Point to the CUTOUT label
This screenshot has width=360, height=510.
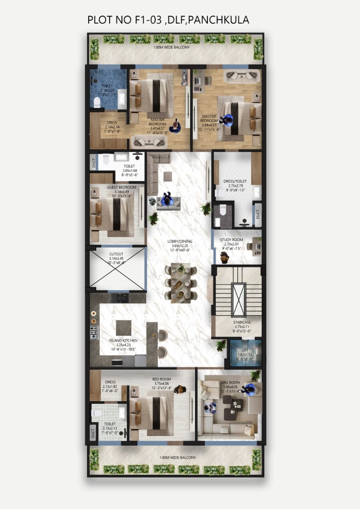pyautogui.click(x=116, y=254)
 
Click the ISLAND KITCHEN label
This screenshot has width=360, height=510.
pyautogui.click(x=123, y=341)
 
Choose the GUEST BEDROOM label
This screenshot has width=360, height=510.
pyautogui.click(x=121, y=187)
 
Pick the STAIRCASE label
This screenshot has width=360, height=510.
pyautogui.click(x=241, y=322)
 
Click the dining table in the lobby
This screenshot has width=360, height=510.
pyautogui.click(x=181, y=283)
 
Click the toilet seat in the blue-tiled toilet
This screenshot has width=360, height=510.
pyautogui.click(x=96, y=103)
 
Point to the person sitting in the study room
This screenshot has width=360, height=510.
pyautogui.click(x=225, y=257)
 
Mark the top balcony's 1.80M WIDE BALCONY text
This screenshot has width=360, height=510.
pyautogui.click(x=172, y=47)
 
